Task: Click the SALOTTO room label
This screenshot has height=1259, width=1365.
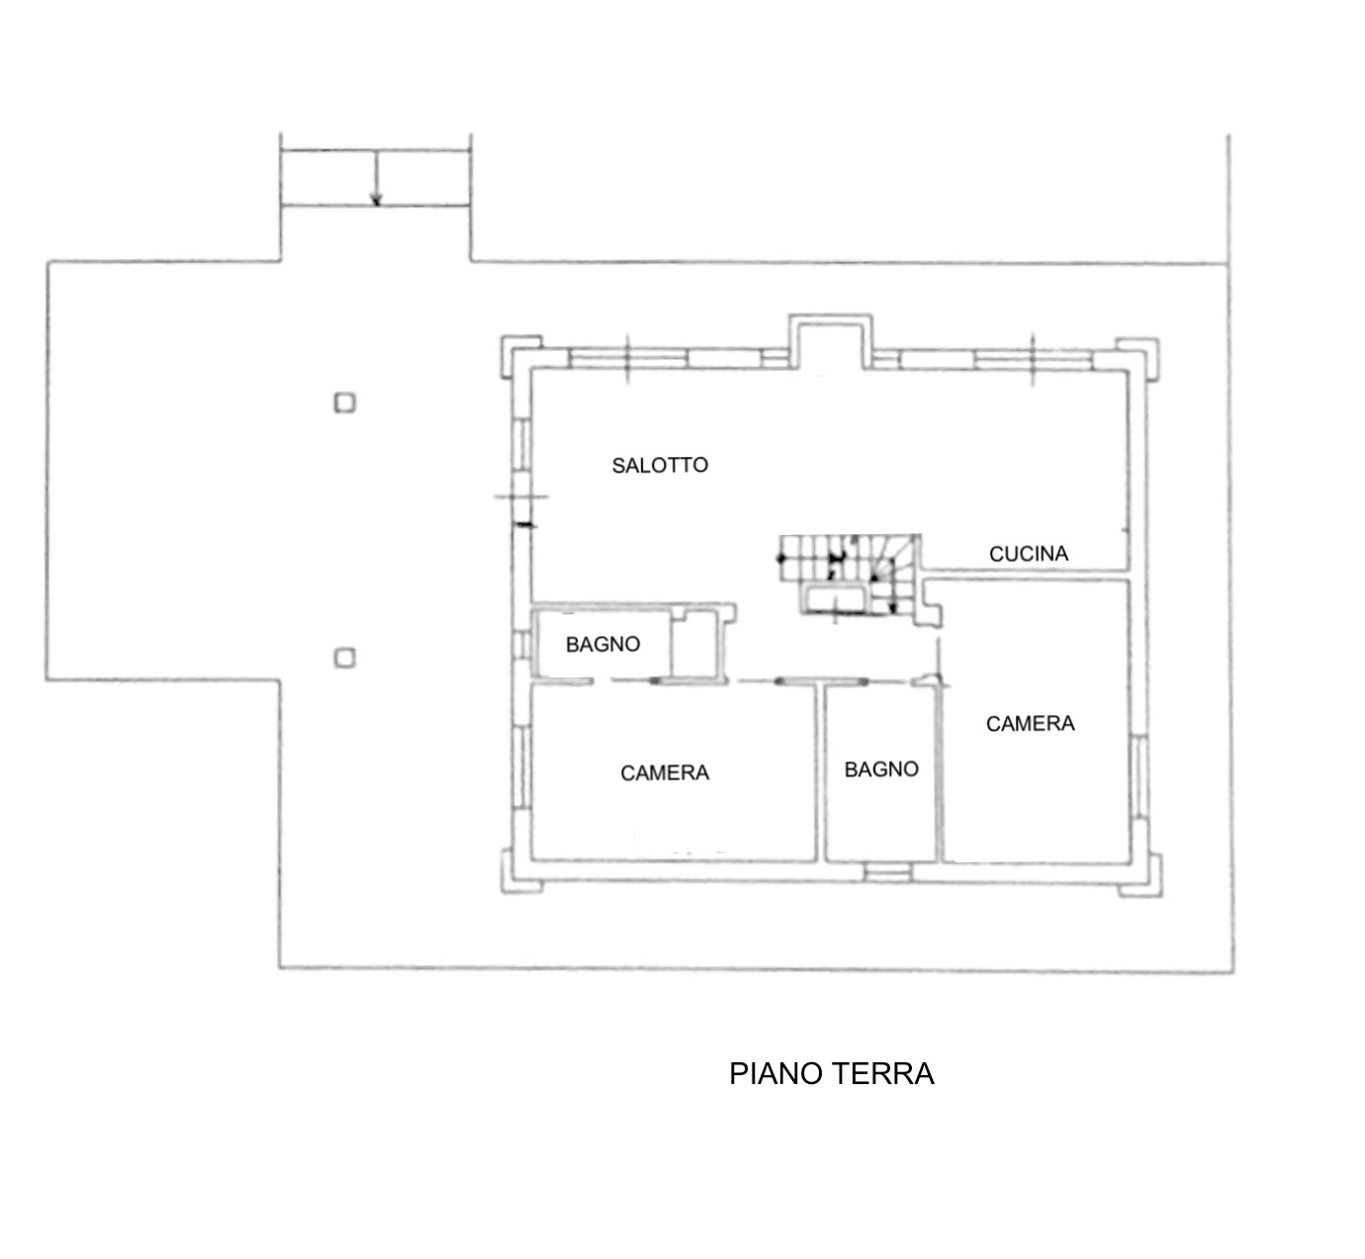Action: [x=660, y=465]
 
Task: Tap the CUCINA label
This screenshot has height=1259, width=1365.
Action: [x=1029, y=554]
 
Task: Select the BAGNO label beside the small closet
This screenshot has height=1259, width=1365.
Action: [x=602, y=645]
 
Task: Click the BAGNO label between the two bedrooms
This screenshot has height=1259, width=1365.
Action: [x=880, y=769]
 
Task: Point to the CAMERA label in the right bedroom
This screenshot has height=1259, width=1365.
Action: [x=1030, y=724]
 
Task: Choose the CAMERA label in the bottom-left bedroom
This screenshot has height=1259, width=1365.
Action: [x=665, y=773]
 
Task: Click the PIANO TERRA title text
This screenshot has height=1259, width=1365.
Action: [x=831, y=1074]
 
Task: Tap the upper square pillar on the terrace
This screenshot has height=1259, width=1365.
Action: [x=344, y=403]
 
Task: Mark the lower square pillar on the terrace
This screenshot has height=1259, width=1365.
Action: [x=344, y=658]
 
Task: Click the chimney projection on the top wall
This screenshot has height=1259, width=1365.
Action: [x=830, y=341]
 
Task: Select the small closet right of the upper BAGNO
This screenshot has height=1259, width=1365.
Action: [x=698, y=644]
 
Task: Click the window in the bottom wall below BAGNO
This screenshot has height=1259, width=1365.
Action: [x=886, y=872]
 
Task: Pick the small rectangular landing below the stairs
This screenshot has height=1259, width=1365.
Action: [x=836, y=599]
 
